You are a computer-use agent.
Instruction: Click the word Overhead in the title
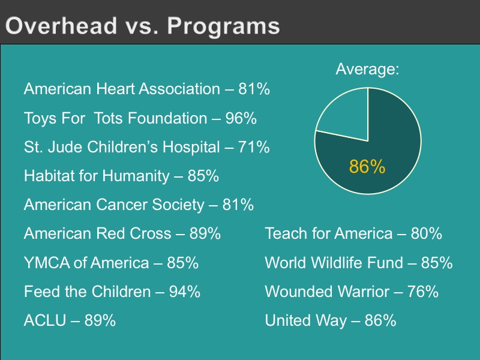click(61, 25)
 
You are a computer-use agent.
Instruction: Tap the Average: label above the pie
click(367, 69)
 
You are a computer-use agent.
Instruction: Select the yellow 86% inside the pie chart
click(367, 167)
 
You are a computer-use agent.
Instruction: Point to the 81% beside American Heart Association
click(254, 89)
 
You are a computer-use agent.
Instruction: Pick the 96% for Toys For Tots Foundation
click(241, 118)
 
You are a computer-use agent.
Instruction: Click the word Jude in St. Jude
click(65, 146)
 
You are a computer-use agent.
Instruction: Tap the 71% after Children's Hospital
click(254, 146)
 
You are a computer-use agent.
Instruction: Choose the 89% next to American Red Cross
click(205, 233)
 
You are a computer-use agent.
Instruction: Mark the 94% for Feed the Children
click(185, 292)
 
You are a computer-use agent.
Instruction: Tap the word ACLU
click(45, 320)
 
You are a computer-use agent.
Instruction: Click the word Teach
click(286, 233)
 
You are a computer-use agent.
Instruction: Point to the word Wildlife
click(337, 263)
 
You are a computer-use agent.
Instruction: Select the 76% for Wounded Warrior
click(423, 292)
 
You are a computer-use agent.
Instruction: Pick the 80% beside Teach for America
click(427, 233)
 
